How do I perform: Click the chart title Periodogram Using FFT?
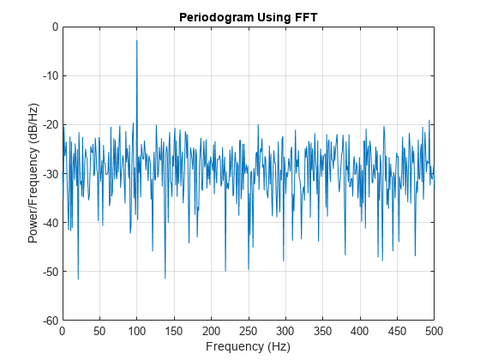248,17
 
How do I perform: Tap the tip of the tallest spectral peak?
137,40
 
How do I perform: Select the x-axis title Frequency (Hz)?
248,346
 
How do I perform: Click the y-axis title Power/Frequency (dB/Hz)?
33,174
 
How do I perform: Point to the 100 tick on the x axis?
137,330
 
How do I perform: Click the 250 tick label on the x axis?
248,330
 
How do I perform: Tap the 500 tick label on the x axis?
434,330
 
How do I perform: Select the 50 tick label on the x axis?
99,330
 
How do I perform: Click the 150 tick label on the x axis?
174,330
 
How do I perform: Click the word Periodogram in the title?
214,17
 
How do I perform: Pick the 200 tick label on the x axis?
211,330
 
